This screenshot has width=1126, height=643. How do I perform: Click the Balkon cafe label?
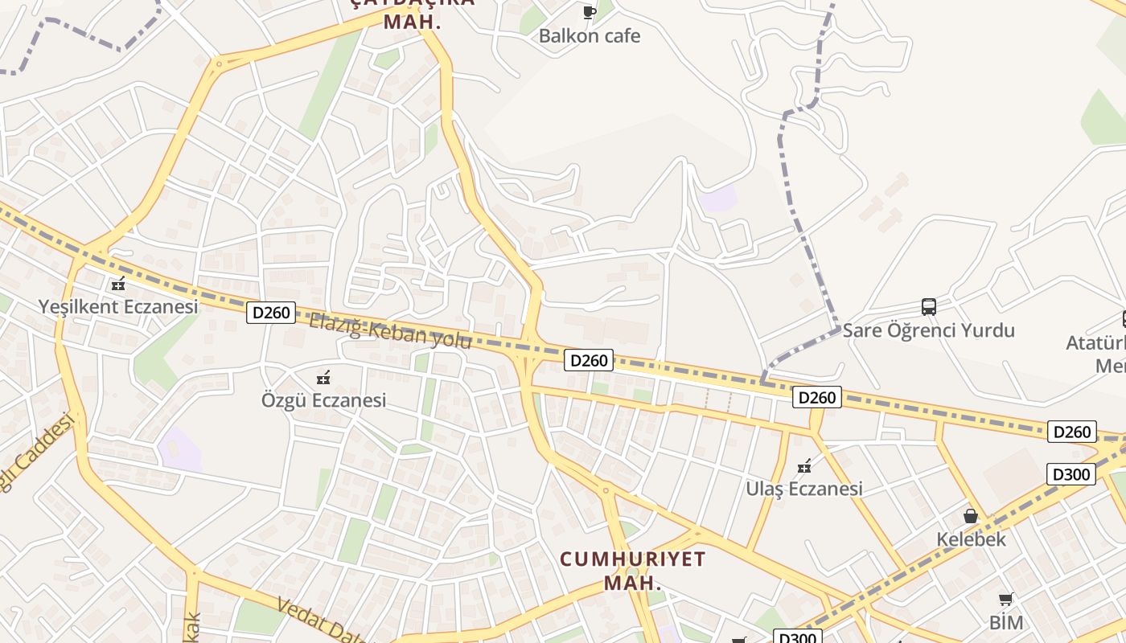pyautogui.click(x=590, y=36)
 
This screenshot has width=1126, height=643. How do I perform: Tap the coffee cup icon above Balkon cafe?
pyautogui.click(x=589, y=12)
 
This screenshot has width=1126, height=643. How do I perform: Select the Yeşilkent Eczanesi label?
pyautogui.click(x=118, y=307)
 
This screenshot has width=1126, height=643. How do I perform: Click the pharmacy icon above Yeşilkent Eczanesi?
pyautogui.click(x=118, y=284)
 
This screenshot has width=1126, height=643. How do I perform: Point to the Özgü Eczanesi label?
pyautogui.click(x=323, y=400)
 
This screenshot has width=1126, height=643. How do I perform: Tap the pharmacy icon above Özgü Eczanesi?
pyautogui.click(x=323, y=377)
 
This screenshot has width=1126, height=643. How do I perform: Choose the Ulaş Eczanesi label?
pyautogui.click(x=803, y=489)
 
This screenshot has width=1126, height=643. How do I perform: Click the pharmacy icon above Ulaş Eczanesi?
pyautogui.click(x=803, y=465)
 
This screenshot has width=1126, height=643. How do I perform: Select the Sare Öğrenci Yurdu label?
pyautogui.click(x=928, y=330)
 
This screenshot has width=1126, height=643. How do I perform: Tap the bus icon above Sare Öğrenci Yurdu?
pyautogui.click(x=928, y=307)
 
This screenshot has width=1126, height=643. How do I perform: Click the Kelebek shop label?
pyautogui.click(x=971, y=539)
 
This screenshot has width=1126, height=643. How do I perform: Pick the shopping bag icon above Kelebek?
pyautogui.click(x=971, y=516)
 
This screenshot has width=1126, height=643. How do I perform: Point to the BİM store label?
pyautogui.click(x=1005, y=623)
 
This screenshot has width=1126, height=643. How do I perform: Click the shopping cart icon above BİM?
pyautogui.click(x=1005, y=600)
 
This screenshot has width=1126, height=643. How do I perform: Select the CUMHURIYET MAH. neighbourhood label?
pyautogui.click(x=632, y=570)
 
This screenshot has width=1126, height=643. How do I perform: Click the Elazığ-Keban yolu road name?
pyautogui.click(x=390, y=331)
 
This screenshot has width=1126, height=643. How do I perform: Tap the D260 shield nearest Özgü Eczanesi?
pyautogui.click(x=271, y=313)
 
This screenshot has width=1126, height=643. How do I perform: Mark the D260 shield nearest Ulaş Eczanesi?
pyautogui.click(x=816, y=397)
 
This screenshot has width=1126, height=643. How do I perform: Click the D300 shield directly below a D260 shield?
pyautogui.click(x=1071, y=474)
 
